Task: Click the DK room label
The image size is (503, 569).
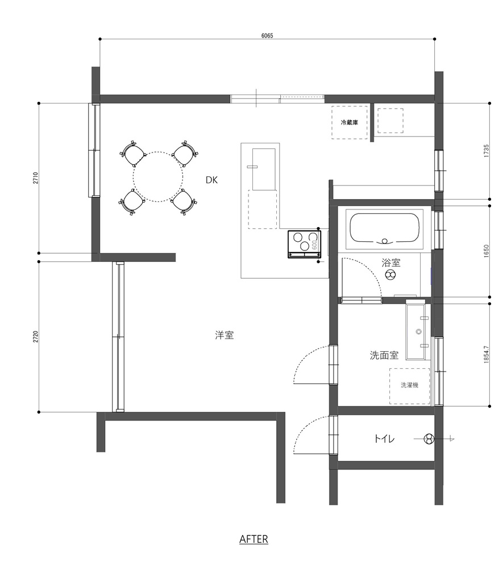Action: [211, 180]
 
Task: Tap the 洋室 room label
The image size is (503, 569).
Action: [225, 335]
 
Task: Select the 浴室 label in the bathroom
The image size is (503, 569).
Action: [390, 262]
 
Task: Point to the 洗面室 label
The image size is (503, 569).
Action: [384, 355]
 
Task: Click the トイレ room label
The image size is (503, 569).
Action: [384, 439]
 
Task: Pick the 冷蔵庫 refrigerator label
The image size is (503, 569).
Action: [350, 123]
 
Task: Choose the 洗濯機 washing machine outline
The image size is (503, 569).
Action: [409, 386]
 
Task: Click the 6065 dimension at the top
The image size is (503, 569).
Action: [267, 35]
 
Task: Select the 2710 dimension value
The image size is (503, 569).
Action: [36, 178]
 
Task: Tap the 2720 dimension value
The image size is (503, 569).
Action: [36, 337]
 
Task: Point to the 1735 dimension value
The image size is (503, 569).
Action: [487, 151]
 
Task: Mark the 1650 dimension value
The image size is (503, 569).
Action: [487, 251]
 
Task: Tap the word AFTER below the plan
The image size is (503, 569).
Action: [253, 539]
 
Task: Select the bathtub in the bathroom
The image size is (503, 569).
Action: [385, 229]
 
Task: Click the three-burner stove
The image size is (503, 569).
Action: [304, 244]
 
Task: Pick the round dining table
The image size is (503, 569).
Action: [158, 177]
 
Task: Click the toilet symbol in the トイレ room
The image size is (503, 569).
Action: [429, 439]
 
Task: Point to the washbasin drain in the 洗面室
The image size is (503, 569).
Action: [419, 331]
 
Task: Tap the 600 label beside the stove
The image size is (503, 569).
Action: [314, 245]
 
